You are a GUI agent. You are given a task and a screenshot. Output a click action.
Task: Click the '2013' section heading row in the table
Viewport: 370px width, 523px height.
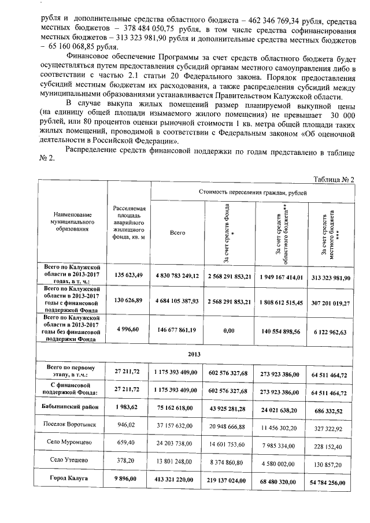[x=194, y=353]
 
